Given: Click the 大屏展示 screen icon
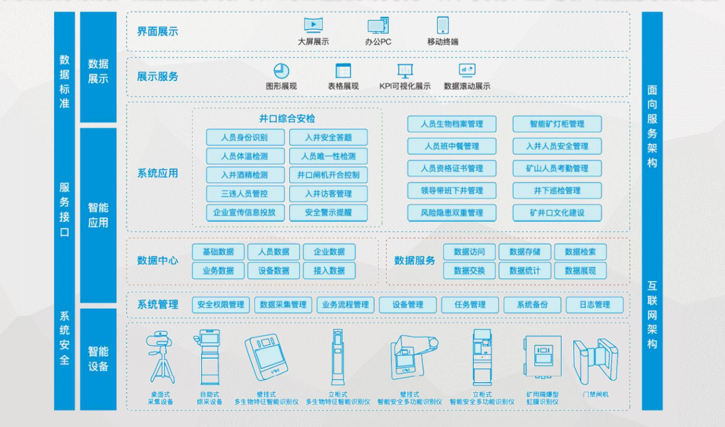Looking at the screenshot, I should click(313, 26).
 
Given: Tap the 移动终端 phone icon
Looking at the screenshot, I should click(443, 26).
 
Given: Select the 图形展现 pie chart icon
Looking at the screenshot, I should click(281, 71).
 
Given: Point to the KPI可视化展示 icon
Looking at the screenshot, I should click(405, 71).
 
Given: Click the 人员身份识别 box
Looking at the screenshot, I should click(244, 137).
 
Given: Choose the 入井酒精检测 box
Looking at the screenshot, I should click(244, 175).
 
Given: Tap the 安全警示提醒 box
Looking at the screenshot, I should click(328, 212).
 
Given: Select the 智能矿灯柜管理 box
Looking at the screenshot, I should click(557, 124).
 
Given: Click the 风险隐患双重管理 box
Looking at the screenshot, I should click(452, 213).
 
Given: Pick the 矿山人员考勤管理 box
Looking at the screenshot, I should click(557, 168).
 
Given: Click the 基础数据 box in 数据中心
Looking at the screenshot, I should click(219, 252).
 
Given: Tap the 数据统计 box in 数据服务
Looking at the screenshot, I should click(524, 271).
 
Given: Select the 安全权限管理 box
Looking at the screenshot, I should click(220, 305).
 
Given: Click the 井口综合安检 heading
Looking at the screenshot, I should click(287, 119).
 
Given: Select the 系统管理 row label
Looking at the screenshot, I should click(157, 305).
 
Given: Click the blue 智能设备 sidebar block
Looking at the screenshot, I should click(98, 359).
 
